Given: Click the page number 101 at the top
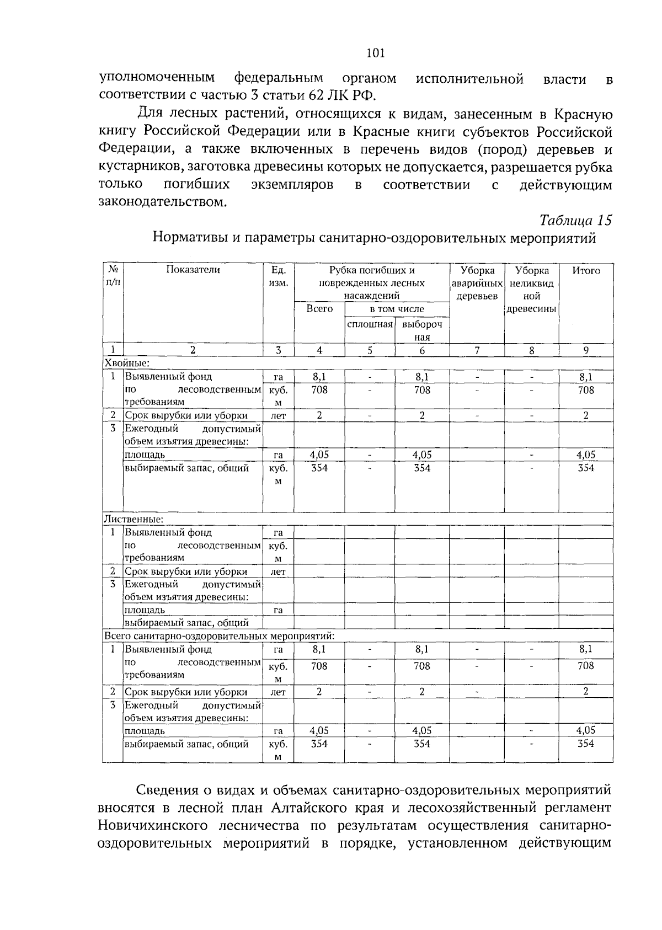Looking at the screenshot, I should [x=375, y=53].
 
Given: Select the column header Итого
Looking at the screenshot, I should [x=586, y=271].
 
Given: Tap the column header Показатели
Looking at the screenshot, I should [x=193, y=270].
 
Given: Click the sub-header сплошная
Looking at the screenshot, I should [x=370, y=324].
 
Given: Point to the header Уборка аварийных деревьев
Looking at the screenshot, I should [x=477, y=283].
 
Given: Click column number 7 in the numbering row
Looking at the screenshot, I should [x=477, y=350].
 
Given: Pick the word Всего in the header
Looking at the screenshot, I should [x=319, y=309].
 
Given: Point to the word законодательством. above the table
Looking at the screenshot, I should [x=162, y=202].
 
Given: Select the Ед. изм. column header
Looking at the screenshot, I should [x=278, y=276].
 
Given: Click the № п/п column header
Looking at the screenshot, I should [x=113, y=276].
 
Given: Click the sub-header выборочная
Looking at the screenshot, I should [x=422, y=330].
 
